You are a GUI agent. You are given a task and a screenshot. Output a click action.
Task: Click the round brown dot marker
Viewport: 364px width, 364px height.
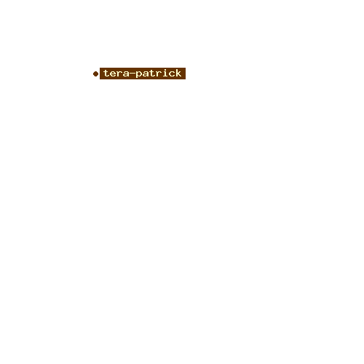pyautogui.click(x=95, y=74)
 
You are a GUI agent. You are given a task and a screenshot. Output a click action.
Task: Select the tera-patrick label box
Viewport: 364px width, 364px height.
pyautogui.click(x=143, y=74)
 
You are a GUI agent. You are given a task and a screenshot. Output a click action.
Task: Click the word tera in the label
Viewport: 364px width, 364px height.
pyautogui.click(x=116, y=74)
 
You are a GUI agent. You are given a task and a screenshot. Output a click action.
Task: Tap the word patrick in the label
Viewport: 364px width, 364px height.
pyautogui.click(x=159, y=74)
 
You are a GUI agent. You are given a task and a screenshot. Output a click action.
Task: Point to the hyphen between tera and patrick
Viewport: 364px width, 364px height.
pyautogui.click(x=132, y=74)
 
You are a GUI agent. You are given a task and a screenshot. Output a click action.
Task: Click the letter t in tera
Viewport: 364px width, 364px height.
pyautogui.click(x=107, y=74)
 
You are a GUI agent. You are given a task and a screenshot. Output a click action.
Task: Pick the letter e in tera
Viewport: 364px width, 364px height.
pyautogui.click(x=113, y=74)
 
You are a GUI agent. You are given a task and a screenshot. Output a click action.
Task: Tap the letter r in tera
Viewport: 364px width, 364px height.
pyautogui.click(x=119, y=74)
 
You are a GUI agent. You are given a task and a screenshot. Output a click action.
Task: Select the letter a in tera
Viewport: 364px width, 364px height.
pyautogui.click(x=126, y=74)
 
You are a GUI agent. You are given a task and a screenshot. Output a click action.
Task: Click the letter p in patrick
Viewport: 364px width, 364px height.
pyautogui.click(x=139, y=75)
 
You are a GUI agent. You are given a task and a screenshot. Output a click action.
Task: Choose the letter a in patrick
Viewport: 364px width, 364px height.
pyautogui.click(x=146, y=74)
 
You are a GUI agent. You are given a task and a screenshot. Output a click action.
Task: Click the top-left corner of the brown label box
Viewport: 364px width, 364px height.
pyautogui.click(x=100, y=68)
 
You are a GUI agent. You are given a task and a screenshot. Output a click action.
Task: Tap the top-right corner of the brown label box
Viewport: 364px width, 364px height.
pyautogui.click(x=186, y=68)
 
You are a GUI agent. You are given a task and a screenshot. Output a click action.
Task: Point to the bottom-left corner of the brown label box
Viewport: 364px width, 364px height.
pyautogui.click(x=100, y=79)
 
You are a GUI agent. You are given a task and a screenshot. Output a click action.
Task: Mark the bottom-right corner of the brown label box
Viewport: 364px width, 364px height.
pyautogui.click(x=186, y=79)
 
